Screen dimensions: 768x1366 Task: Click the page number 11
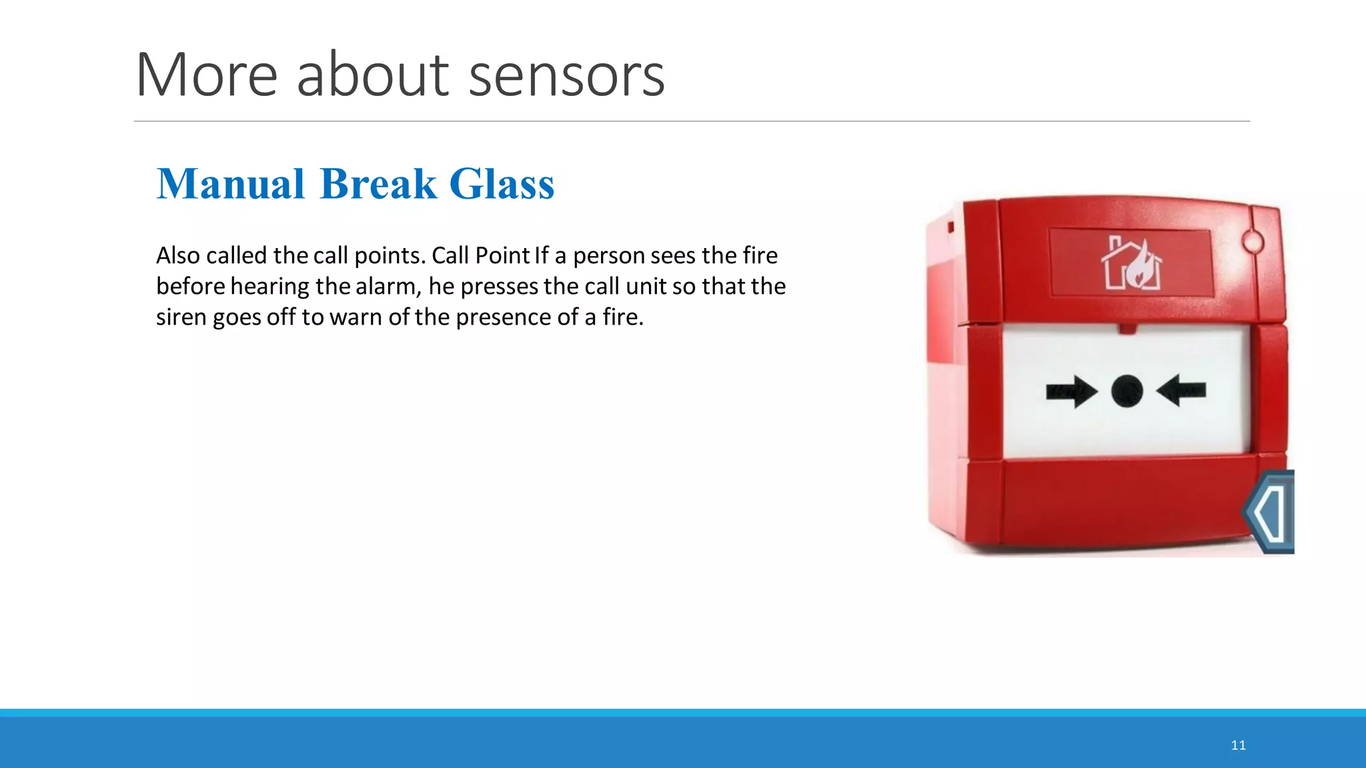point(1238,745)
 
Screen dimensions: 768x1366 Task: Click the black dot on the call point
point(1127,391)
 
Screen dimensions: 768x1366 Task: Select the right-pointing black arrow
point(1071,391)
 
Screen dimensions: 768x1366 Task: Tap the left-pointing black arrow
point(1181,390)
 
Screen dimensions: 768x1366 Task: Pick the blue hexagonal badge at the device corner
point(1269,512)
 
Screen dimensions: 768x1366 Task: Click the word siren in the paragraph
point(181,317)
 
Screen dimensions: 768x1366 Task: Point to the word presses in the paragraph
point(499,287)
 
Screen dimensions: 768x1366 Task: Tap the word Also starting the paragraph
point(178,255)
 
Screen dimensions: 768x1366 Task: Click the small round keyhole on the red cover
point(1253,241)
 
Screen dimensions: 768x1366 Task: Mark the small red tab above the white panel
point(1127,328)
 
